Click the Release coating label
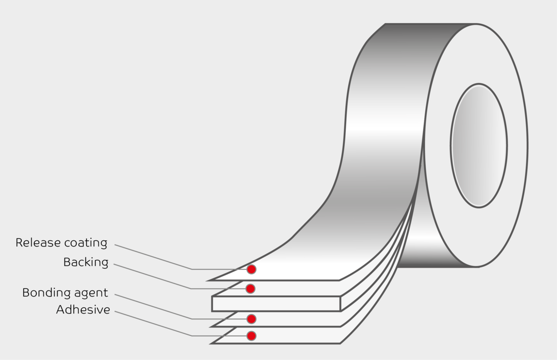tap(61, 243)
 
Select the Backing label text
tap(86, 263)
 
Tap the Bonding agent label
tap(65, 293)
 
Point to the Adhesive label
tap(83, 310)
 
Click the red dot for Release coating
tap(251, 269)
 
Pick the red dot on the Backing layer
tap(250, 289)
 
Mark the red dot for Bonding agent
tap(251, 319)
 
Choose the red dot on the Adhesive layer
tap(251, 335)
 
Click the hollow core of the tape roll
tap(479, 145)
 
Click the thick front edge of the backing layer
tap(276, 304)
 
